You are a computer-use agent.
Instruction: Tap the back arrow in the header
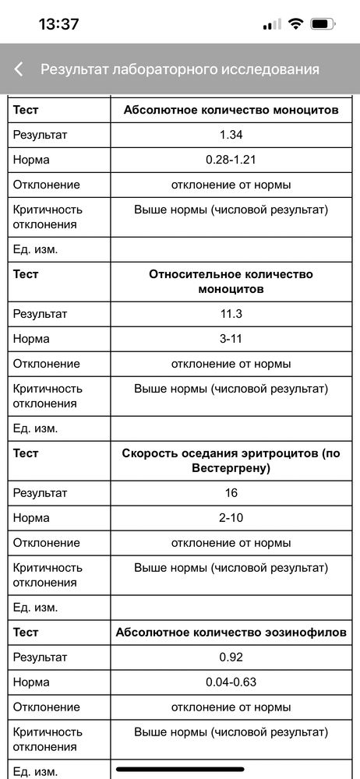pos(19,69)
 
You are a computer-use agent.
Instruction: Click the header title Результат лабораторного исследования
pos(180,69)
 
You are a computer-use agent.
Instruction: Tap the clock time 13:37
pos(59,24)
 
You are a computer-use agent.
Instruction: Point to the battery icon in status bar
pos(322,24)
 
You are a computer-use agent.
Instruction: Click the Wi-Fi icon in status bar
pos(295,24)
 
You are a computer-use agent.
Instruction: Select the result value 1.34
pos(231,135)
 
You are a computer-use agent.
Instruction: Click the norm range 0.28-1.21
pos(231,160)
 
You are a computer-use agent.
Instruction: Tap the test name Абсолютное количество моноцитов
pos(231,110)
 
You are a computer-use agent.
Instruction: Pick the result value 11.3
pos(231,314)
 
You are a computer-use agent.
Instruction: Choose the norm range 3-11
pos(231,339)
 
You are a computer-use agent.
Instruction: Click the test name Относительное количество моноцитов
pos(231,281)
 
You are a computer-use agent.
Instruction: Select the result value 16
pos(231,493)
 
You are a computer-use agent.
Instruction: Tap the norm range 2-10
pos(231,518)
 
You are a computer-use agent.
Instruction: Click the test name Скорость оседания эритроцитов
pos(231,460)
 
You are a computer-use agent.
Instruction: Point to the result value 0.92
pos(231,657)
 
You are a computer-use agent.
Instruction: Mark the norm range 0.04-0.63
pos(231,682)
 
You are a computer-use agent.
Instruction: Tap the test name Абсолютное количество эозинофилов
pos(231,633)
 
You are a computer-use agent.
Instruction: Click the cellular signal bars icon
pos(272,24)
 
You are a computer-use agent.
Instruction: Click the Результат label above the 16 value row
pos(40,493)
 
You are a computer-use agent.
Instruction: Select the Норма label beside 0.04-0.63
pos(31,682)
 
